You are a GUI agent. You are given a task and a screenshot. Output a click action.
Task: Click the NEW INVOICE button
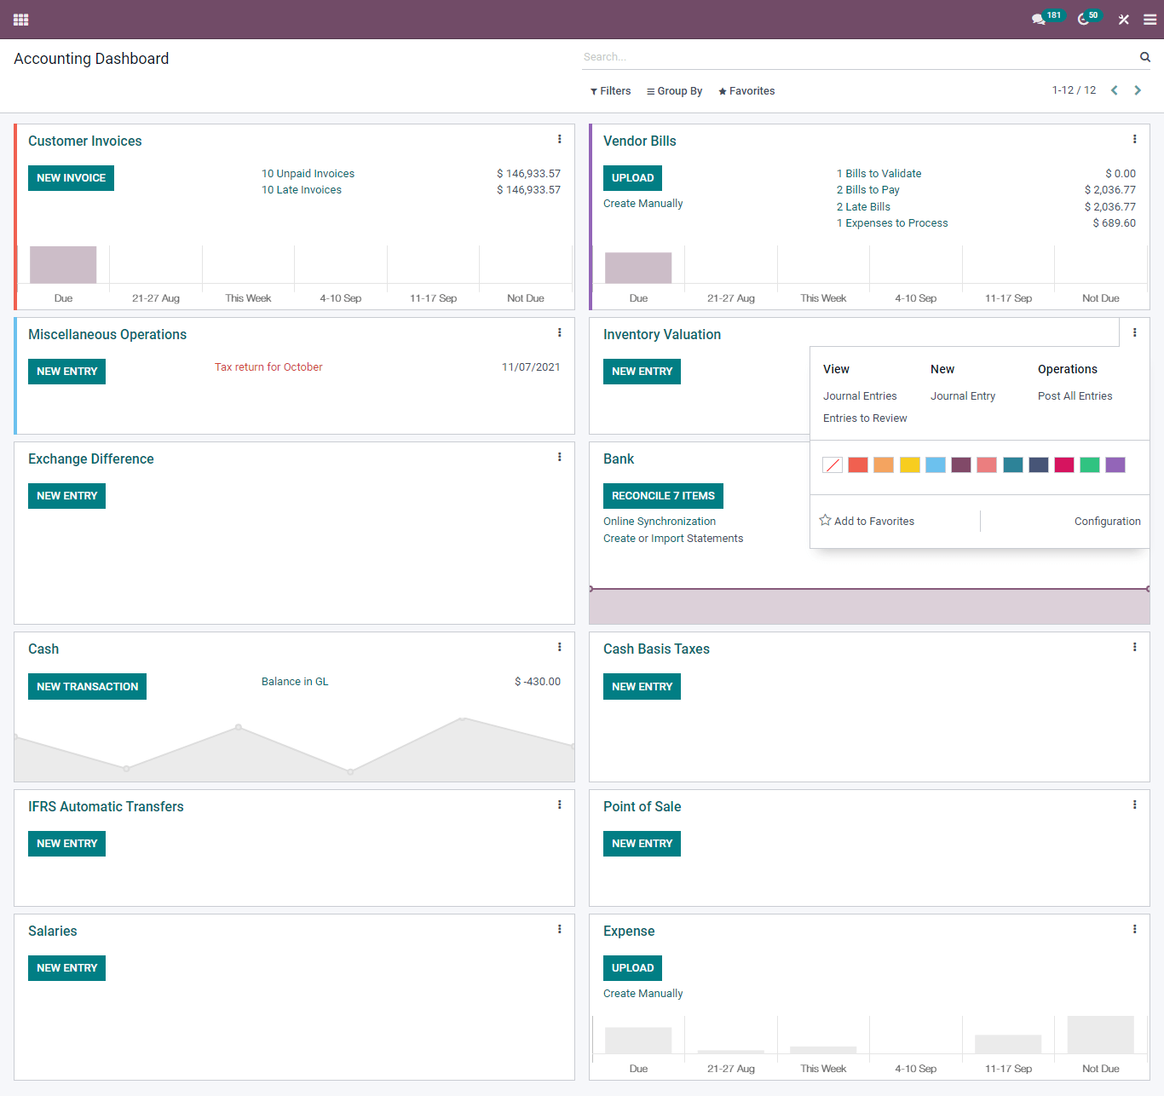click(71, 178)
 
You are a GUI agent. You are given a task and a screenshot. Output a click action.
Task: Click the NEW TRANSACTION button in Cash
click(87, 687)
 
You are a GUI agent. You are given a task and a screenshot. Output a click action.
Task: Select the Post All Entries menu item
click(1075, 396)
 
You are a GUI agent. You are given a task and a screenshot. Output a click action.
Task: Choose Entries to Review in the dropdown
click(864, 418)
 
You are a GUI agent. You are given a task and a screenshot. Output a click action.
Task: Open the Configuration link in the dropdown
click(1107, 522)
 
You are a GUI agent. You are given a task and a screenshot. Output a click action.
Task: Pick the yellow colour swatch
click(910, 464)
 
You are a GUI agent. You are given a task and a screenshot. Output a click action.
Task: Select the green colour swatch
click(1089, 464)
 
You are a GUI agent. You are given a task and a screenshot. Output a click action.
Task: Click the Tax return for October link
click(268, 367)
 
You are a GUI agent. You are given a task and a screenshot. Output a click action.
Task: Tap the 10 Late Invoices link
click(301, 190)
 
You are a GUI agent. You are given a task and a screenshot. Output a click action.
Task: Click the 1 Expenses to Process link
click(891, 223)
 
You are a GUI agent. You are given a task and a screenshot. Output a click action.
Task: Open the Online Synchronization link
click(659, 522)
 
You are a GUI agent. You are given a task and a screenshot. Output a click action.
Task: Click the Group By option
click(674, 91)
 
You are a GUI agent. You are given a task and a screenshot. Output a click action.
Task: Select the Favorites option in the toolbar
click(746, 91)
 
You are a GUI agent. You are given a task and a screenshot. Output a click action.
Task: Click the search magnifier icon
click(1145, 57)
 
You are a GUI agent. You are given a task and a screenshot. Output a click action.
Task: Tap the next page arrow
click(1138, 90)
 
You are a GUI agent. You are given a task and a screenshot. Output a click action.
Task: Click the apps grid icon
click(21, 20)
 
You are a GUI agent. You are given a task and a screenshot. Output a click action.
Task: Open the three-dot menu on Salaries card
click(559, 929)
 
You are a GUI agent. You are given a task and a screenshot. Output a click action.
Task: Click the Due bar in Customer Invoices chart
click(63, 265)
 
